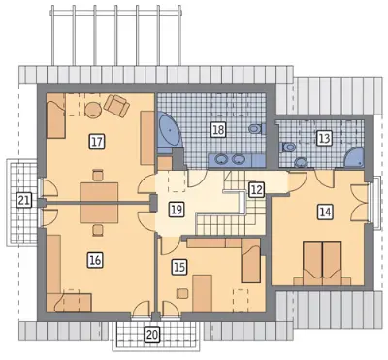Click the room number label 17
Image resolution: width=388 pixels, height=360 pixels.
96,142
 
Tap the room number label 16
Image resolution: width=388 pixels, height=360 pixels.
96,260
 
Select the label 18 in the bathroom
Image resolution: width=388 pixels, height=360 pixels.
218,130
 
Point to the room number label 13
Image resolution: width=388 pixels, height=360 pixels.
324,138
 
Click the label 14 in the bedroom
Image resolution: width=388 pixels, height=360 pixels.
325,213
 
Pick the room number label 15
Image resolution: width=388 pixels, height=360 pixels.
179,267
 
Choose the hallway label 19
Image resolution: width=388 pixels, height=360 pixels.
177,210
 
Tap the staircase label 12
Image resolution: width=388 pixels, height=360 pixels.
257,190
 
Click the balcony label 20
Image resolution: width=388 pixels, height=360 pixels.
152,334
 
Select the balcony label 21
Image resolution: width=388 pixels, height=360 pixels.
23,201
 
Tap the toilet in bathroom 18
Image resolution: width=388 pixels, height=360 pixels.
257,129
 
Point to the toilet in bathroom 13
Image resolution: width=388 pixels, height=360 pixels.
287,147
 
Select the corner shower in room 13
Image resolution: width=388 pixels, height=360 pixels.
354,158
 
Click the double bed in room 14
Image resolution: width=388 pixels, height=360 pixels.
322,263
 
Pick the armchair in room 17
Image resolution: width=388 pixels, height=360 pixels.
116,106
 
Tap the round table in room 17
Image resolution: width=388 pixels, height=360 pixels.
93,110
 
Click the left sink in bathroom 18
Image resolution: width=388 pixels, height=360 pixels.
221,159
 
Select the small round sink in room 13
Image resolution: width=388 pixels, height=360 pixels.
302,161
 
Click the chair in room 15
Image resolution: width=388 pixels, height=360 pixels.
182,293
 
